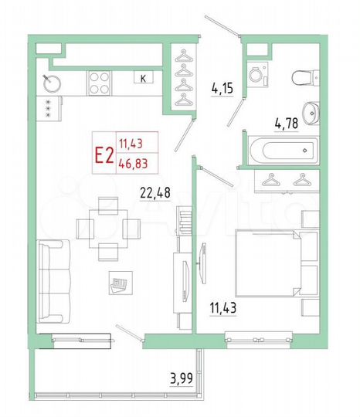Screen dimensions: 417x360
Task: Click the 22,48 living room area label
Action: pos(158,193)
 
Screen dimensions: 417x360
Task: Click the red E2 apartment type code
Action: pos(104,154)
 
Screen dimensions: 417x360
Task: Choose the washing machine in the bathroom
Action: pos(256,74)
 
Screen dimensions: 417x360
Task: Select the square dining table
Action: pos(109,226)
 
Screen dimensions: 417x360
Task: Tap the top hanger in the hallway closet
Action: pos(184,56)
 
